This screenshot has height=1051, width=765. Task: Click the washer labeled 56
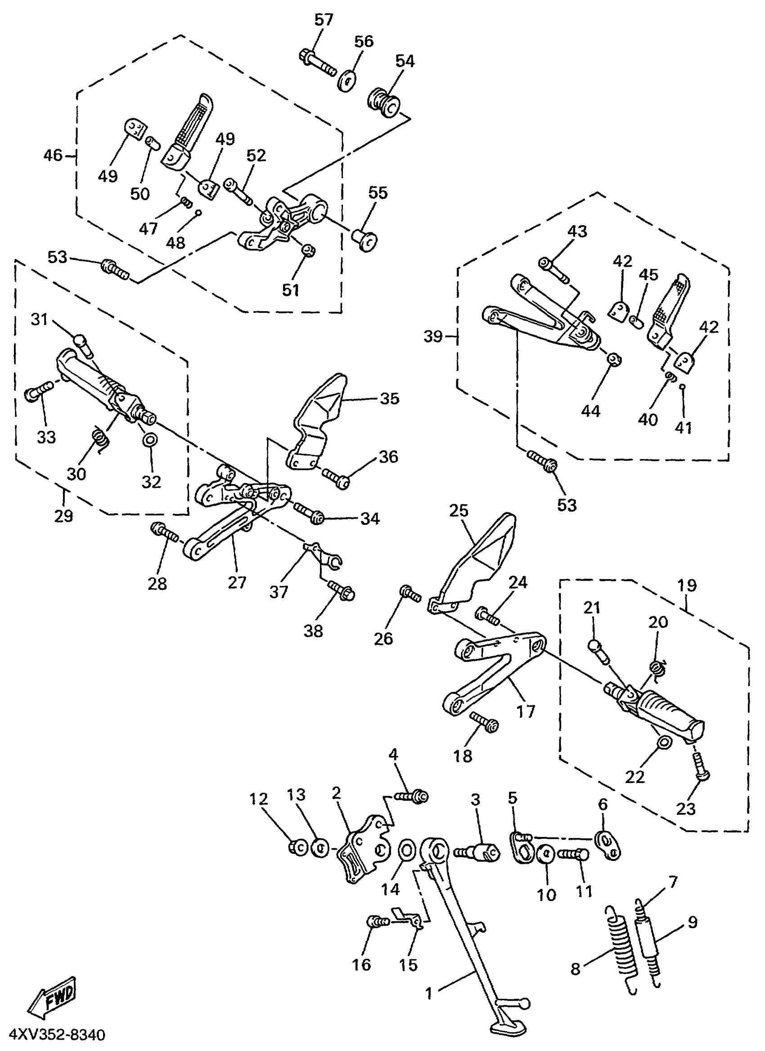click(x=346, y=82)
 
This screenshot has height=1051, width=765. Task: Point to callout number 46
click(x=52, y=155)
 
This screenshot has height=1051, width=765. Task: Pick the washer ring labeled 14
click(x=407, y=851)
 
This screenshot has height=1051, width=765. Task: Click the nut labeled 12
click(x=299, y=847)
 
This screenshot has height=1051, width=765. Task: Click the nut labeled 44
click(x=614, y=359)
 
